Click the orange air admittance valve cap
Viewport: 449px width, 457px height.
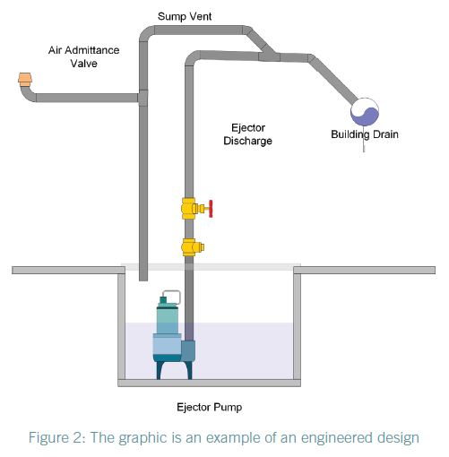tap(25, 80)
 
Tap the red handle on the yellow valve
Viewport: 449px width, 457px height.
tap(211, 209)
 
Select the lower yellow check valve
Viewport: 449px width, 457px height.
tap(192, 247)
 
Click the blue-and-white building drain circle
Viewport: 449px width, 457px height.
tap(365, 112)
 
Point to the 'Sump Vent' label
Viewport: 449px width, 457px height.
tap(185, 16)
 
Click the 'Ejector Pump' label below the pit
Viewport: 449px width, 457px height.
tap(209, 407)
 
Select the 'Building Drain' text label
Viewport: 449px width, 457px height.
tap(365, 134)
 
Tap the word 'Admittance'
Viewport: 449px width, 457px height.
tap(92, 50)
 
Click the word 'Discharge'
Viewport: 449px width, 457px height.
tap(247, 141)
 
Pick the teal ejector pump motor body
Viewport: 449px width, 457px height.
tap(168, 318)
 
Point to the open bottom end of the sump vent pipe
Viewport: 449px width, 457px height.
tap(143, 280)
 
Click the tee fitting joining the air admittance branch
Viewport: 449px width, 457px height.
tap(143, 98)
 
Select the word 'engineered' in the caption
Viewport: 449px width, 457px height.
tap(336, 438)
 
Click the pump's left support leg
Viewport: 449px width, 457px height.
tap(160, 370)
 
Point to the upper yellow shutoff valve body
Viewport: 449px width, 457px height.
tap(189, 209)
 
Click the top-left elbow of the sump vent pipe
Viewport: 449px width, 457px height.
tap(147, 33)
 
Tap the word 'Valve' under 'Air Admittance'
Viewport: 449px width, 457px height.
tap(84, 64)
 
